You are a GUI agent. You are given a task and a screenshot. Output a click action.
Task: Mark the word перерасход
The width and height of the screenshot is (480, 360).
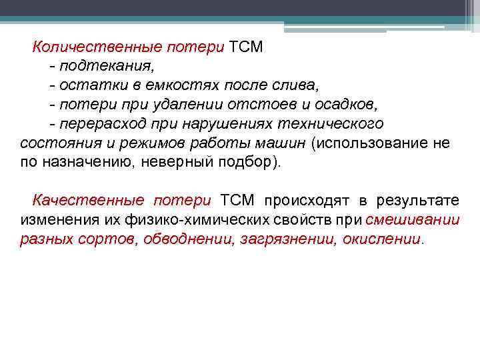click(99, 124)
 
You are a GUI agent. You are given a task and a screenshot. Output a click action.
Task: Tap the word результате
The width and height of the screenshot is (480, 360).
click(418, 201)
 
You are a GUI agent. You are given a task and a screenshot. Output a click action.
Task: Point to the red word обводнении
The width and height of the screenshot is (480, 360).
click(197, 240)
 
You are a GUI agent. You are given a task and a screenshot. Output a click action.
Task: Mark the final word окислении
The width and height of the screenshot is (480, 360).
click(382, 240)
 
